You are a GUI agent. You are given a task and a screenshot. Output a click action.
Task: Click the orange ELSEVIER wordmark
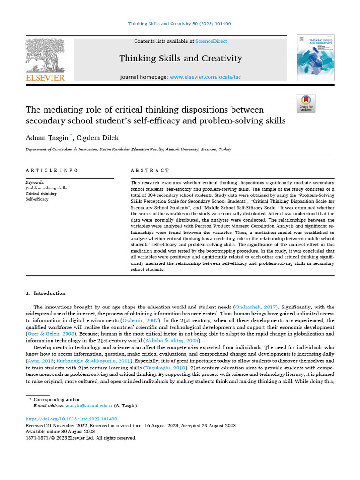tap(45, 78)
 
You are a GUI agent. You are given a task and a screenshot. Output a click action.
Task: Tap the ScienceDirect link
tap(211, 41)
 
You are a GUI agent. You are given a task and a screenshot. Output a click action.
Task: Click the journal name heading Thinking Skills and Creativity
tap(180, 59)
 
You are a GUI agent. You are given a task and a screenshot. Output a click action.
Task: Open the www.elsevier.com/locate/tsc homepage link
tap(205, 77)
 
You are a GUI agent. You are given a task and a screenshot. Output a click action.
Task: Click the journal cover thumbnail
tap(315, 58)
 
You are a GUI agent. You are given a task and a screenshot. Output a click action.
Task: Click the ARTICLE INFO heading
tap(52, 170)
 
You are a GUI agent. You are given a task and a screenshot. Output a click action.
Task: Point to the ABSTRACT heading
tap(150, 170)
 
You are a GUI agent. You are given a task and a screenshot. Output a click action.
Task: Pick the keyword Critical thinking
tap(41, 194)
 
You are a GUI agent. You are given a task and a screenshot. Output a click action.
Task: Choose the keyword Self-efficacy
tap(37, 199)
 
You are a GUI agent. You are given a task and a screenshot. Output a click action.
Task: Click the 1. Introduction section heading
tap(45, 293)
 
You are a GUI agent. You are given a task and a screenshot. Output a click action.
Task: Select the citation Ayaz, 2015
tap(40, 362)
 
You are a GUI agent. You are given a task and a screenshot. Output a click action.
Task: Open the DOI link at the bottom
tap(71, 419)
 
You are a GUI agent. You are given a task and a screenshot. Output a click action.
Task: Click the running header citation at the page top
tap(180, 24)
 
